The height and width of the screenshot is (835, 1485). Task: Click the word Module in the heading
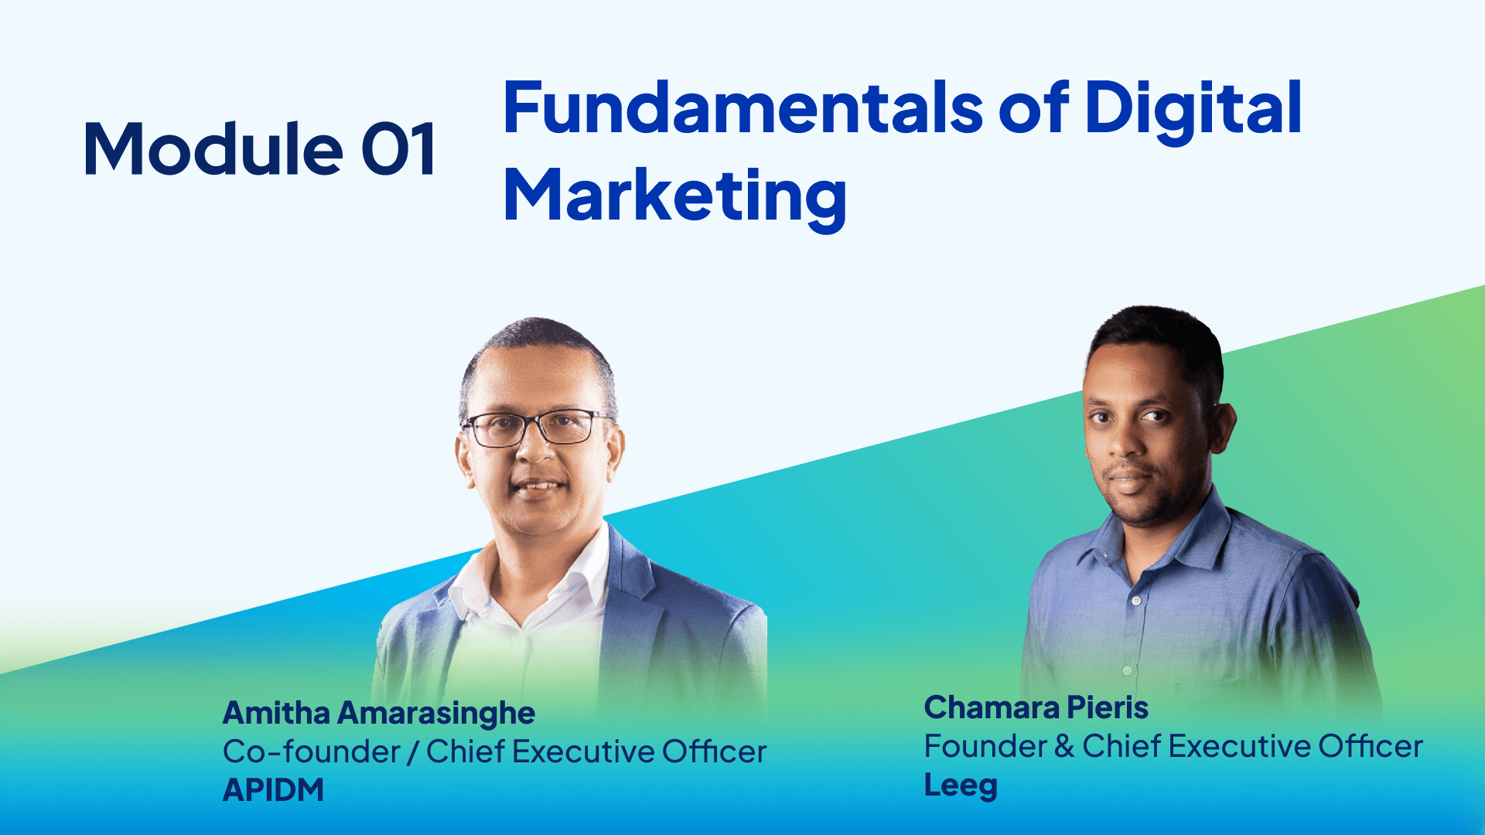coord(213,148)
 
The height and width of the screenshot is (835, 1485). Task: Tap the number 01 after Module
coord(398,149)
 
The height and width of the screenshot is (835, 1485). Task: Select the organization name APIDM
coord(274,790)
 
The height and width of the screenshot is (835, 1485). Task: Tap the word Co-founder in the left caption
coord(311,751)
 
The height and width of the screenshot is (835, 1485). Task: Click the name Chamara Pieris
coord(1036,708)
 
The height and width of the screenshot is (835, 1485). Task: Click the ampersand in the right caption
coord(1064,747)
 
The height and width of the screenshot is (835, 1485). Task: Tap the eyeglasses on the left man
coord(537,428)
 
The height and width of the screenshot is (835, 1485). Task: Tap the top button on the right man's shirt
coord(1135,601)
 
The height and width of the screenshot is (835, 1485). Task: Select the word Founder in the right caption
coord(985,747)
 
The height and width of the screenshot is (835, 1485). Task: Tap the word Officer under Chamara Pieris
coord(1371,747)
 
